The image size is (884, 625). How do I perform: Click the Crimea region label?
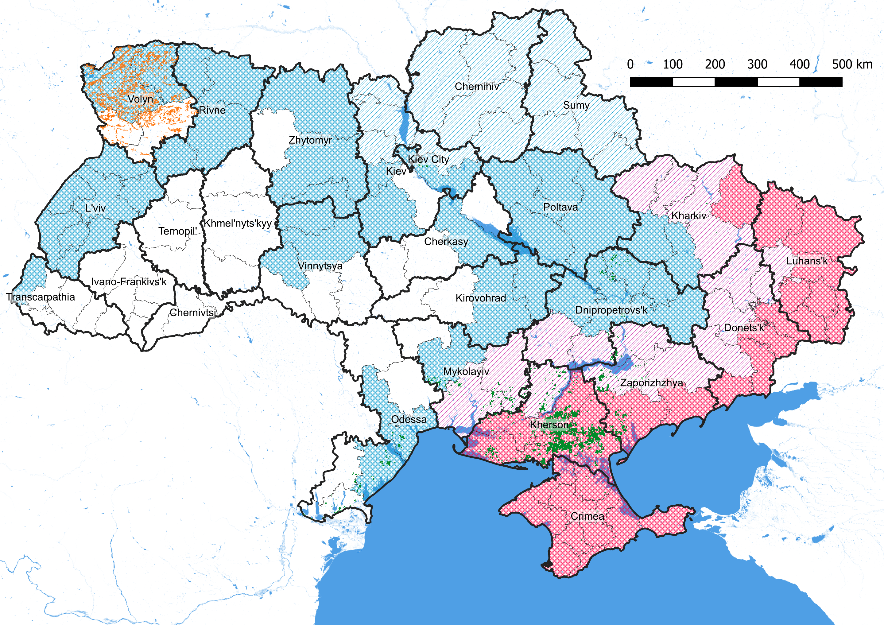(x=587, y=516)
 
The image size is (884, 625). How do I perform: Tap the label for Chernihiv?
(x=477, y=86)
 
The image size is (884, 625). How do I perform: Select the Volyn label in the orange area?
(x=140, y=99)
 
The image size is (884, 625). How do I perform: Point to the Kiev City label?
(x=428, y=159)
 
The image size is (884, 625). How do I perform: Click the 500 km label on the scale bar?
(x=852, y=64)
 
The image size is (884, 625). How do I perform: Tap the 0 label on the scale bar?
(x=630, y=64)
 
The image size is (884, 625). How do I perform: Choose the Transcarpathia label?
(x=41, y=297)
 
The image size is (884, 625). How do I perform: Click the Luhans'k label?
(x=807, y=261)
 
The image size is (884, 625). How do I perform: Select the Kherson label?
(x=549, y=425)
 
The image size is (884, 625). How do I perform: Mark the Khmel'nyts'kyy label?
(x=238, y=223)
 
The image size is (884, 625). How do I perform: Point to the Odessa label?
(x=409, y=419)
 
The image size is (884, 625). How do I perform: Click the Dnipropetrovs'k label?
(x=611, y=310)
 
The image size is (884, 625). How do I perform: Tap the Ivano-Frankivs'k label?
(x=129, y=281)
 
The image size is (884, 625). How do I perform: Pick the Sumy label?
(x=576, y=105)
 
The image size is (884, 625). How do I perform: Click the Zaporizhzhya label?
(x=651, y=383)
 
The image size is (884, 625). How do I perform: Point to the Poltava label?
(x=560, y=207)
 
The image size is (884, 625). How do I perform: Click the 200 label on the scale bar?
(x=715, y=64)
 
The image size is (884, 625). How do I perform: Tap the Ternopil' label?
(x=177, y=231)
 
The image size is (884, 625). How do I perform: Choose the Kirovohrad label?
(x=480, y=298)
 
